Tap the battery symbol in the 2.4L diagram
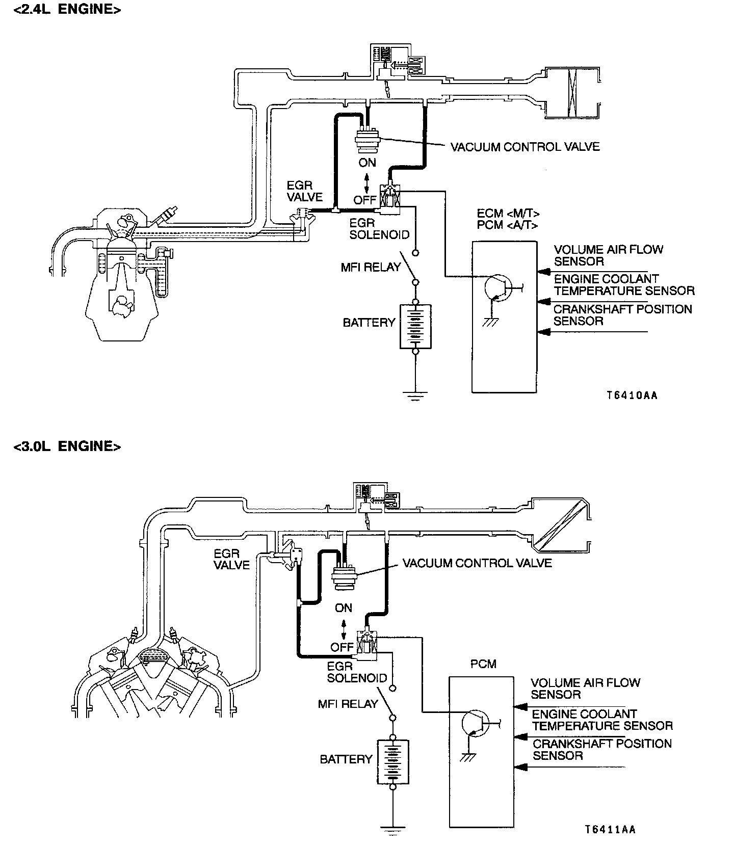point(415,327)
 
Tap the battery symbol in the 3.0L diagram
point(392,762)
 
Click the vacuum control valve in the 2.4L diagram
point(367,140)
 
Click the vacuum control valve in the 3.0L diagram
point(344,578)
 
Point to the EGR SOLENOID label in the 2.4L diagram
point(379,229)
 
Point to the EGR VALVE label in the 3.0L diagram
point(231,559)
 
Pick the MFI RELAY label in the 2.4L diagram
point(371,267)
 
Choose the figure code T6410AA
point(632,395)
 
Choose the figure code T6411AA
point(610,830)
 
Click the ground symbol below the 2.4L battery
point(415,394)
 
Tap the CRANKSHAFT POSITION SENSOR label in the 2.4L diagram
point(622,315)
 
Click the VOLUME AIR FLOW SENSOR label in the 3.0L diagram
point(585,689)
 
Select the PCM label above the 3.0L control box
point(483,664)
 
